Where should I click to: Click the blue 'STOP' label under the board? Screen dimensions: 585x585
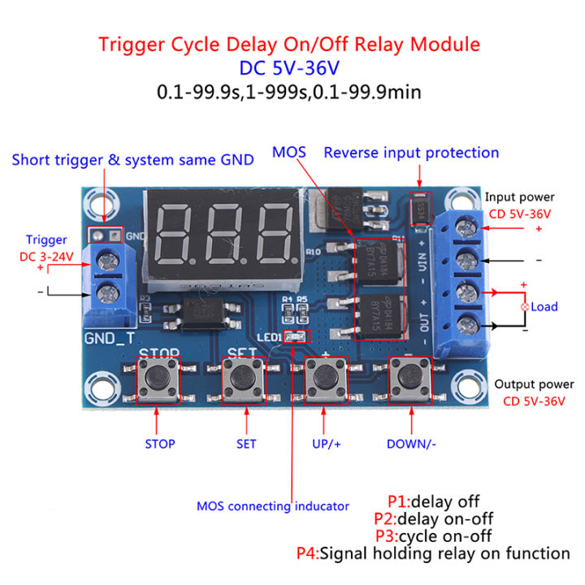pos(159,444)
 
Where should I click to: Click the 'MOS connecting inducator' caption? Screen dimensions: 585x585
pos(273,506)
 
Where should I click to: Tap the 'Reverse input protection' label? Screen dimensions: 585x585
pos(411,153)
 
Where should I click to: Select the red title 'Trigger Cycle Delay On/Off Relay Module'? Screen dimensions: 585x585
pos(289,45)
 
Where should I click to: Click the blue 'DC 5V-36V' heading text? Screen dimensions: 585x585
pos(289,68)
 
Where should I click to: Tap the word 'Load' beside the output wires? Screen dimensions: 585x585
pos(544,306)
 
